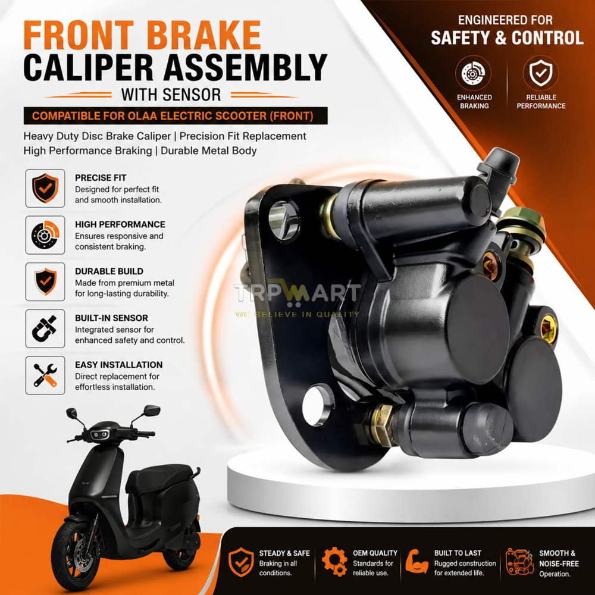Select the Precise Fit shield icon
tap(45, 188)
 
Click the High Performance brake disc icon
tap(45, 235)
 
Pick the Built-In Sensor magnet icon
tap(45, 328)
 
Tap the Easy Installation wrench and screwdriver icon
tap(45, 375)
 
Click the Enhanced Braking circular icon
tap(473, 73)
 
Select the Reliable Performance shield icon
tap(541, 73)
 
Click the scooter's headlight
tap(100, 434)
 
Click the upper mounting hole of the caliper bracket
tap(284, 220)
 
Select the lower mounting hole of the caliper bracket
tap(318, 405)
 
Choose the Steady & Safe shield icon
tap(241, 562)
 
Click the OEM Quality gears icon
tap(334, 562)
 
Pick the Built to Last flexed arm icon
tap(417, 562)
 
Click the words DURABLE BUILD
tap(109, 271)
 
